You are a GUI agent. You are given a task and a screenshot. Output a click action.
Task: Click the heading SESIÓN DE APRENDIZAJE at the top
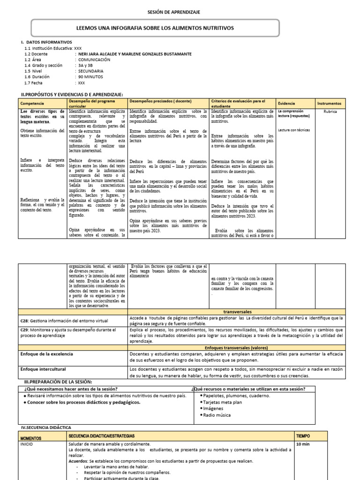coord(180,12)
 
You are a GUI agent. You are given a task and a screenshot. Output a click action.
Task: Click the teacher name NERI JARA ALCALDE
coord(97,54)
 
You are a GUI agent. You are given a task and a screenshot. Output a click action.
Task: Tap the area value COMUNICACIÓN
coord(94,60)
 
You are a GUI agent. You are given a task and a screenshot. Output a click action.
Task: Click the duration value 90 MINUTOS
coord(90,77)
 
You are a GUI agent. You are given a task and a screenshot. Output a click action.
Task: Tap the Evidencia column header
coord(286,103)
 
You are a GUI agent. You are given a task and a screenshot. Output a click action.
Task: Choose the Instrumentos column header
coord(330,103)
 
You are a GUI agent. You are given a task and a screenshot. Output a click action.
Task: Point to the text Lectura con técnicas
coord(294,130)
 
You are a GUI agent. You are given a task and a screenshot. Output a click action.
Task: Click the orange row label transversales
coord(238,311)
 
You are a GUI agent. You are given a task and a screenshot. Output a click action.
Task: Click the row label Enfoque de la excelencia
coord(47,354)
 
